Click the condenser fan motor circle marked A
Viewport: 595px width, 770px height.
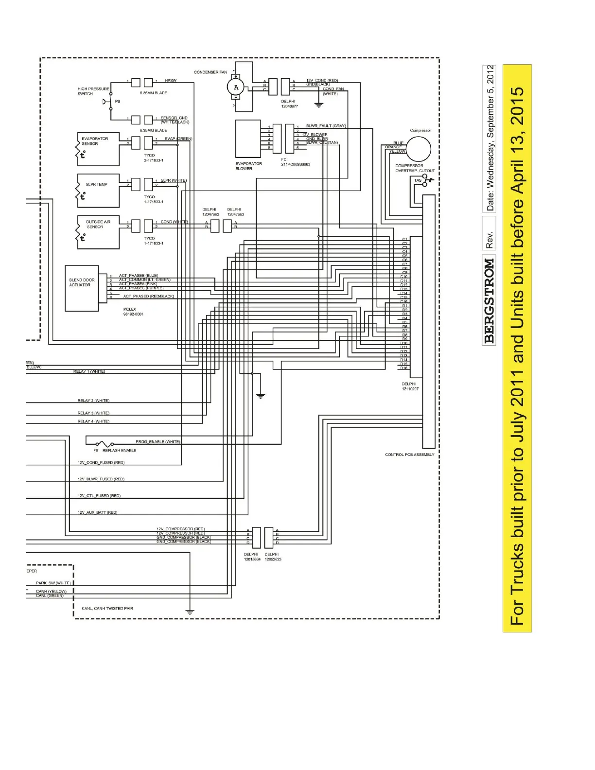pos(236,87)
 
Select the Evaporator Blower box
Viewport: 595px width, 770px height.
pos(248,139)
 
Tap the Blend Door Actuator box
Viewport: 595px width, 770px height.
pos(82,288)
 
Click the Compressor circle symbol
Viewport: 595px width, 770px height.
pos(418,148)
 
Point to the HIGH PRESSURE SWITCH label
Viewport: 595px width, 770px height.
pos(93,91)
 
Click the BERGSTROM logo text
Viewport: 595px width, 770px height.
pos(489,301)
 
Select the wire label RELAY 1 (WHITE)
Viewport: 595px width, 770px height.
pos(89,371)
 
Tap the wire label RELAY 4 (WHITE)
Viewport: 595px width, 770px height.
pos(93,421)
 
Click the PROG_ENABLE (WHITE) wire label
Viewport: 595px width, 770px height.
pos(158,442)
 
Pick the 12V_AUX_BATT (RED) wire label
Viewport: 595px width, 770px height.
pos(97,512)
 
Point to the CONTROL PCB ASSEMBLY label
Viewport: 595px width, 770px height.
pos(409,455)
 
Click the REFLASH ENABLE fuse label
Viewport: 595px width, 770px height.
pos(119,451)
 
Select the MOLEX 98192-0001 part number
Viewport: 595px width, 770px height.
pos(133,312)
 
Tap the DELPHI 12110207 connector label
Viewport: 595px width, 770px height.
pos(410,386)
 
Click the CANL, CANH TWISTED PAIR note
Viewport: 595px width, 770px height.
pos(107,609)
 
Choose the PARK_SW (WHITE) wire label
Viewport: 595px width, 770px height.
pos(53,583)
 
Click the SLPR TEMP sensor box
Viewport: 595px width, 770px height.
pos(98,190)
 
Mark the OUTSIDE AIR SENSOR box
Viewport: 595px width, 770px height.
pos(98,232)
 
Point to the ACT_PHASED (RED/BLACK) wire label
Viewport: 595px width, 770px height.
pos(148,296)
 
